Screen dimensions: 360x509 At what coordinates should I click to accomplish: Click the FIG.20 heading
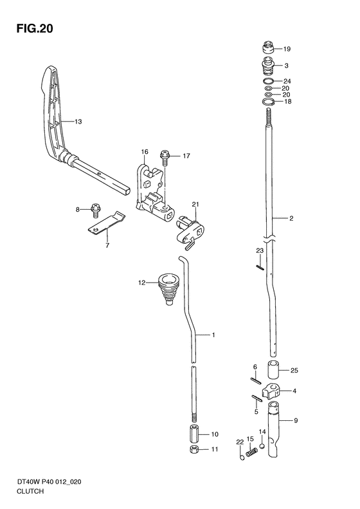point(35,28)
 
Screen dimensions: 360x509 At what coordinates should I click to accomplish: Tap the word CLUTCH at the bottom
point(30,491)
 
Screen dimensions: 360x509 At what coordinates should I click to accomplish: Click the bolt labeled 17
point(165,158)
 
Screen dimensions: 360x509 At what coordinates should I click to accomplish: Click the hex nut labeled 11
point(194,450)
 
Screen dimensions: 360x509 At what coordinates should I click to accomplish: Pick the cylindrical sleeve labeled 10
point(194,433)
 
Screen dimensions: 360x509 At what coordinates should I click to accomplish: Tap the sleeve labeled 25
point(273,369)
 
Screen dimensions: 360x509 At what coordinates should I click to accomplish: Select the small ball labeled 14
point(262,446)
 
